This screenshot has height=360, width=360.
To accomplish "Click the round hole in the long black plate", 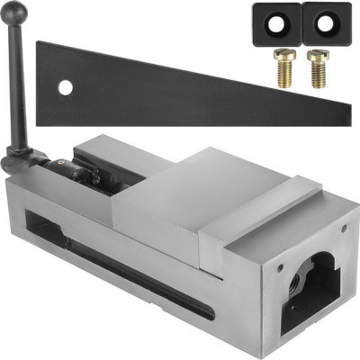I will point(64,88).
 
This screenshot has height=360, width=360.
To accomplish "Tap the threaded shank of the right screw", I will point(314,73).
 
